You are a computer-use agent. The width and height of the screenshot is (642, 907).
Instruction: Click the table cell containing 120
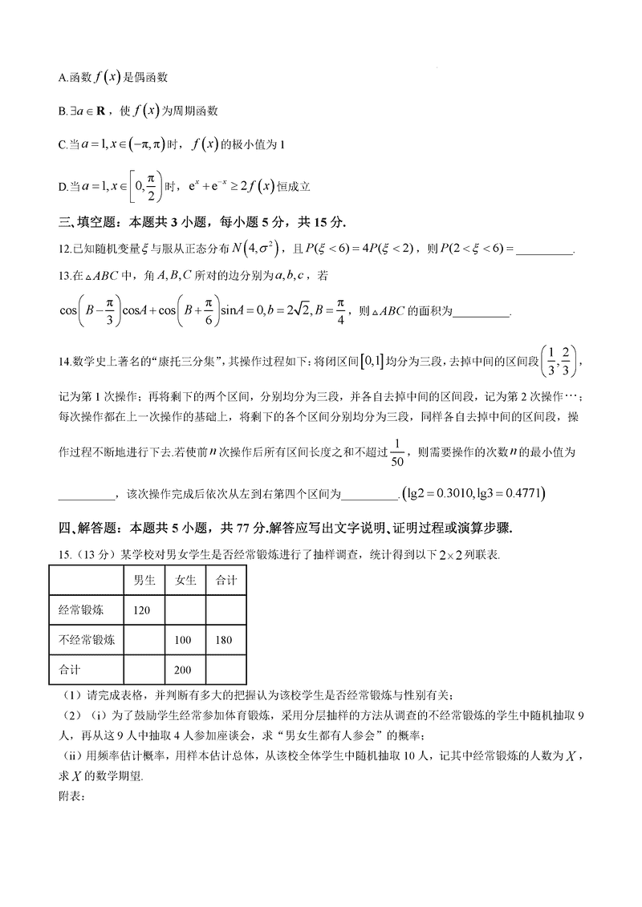(x=142, y=610)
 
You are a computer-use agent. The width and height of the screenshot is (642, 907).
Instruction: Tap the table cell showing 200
(x=184, y=670)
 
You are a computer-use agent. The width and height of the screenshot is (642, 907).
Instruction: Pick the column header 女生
(x=185, y=581)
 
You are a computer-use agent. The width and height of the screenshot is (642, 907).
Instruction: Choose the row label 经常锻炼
(x=81, y=610)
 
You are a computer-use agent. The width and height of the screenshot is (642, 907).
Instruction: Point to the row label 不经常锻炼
(x=86, y=640)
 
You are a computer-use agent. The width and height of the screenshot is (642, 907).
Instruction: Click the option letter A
(x=62, y=77)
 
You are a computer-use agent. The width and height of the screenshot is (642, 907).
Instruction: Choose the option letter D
(x=62, y=187)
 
